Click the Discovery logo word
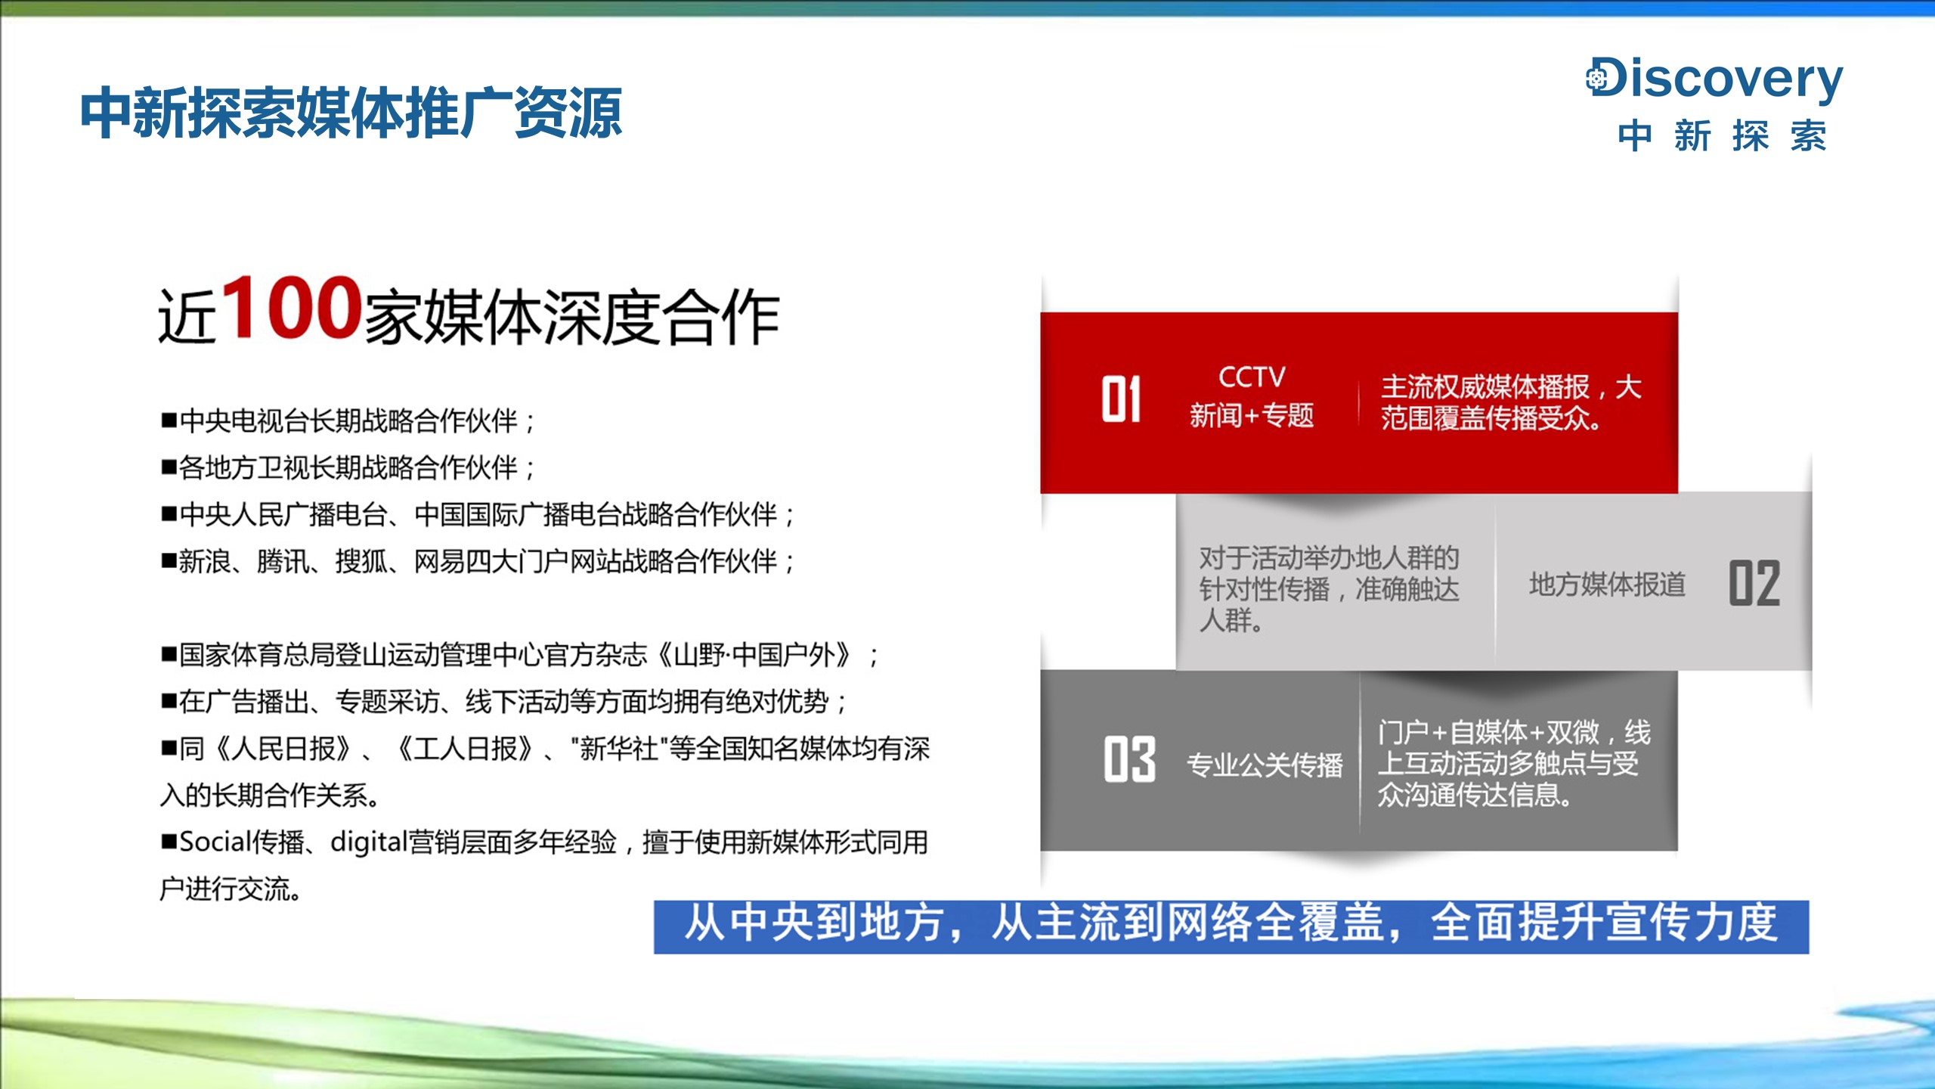click(1714, 79)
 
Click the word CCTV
click(1252, 377)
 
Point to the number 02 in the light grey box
click(1754, 583)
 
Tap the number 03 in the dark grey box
click(1129, 759)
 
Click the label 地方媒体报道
click(1608, 584)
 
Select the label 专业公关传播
click(1265, 765)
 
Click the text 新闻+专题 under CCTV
click(1252, 415)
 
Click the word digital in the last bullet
click(369, 842)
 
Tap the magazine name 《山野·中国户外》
click(756, 655)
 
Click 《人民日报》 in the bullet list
click(283, 749)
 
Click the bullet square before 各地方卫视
click(169, 467)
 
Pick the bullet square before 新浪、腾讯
click(169, 560)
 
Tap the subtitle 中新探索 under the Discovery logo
click(1722, 136)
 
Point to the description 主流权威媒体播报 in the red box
click(1486, 386)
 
